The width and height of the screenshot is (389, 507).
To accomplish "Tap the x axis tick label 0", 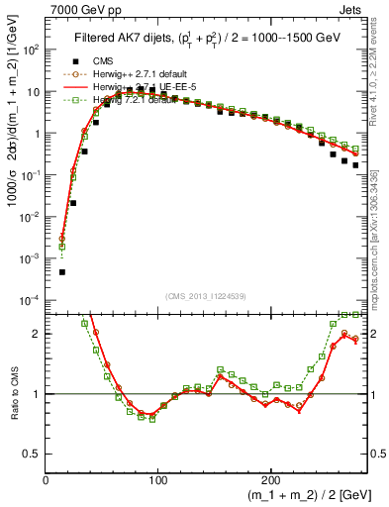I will tap(47, 479).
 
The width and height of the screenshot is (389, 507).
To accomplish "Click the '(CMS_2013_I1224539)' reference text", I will tap(206, 296).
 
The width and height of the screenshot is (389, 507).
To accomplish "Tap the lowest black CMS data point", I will tap(61, 271).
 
